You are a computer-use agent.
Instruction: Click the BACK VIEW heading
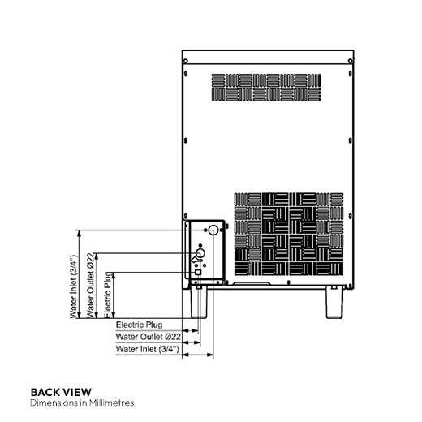coord(61,391)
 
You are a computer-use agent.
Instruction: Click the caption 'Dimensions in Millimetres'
coord(81,403)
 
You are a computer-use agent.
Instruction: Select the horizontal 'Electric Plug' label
coord(139,324)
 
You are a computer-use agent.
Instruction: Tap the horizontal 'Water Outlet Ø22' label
coord(149,336)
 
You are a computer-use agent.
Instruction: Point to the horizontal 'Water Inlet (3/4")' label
coord(147,348)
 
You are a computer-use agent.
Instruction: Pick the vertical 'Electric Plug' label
coord(108,294)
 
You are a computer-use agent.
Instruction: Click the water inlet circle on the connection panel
coord(213,230)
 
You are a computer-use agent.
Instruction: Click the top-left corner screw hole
coord(187,61)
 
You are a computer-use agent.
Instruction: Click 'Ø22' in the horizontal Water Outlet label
coord(171,336)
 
